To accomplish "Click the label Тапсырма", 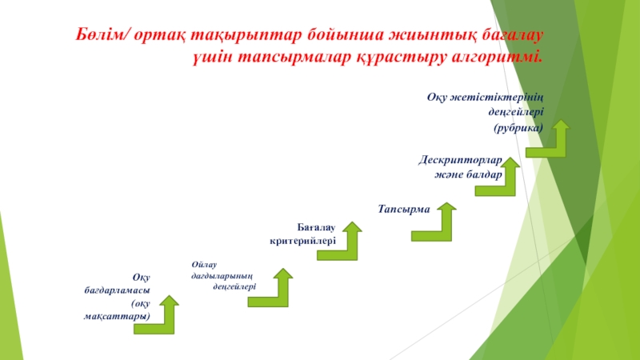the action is click(404, 209).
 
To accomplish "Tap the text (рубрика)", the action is click(518, 127).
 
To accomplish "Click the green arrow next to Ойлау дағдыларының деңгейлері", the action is click(274, 290).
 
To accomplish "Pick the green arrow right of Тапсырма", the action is click(438, 223).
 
